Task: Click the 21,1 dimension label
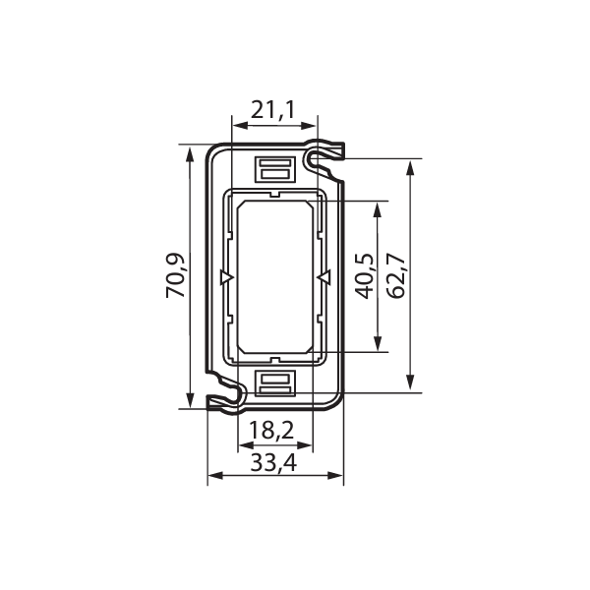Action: (273, 110)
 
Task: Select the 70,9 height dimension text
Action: (175, 275)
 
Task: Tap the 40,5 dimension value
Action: (365, 276)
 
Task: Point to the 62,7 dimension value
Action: (396, 275)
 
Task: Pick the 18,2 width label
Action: (271, 430)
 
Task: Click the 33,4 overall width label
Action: (273, 462)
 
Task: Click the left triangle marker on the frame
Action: (227, 277)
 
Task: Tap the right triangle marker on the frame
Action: (324, 277)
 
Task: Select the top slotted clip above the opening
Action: (275, 169)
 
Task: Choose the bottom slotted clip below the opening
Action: (275, 383)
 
